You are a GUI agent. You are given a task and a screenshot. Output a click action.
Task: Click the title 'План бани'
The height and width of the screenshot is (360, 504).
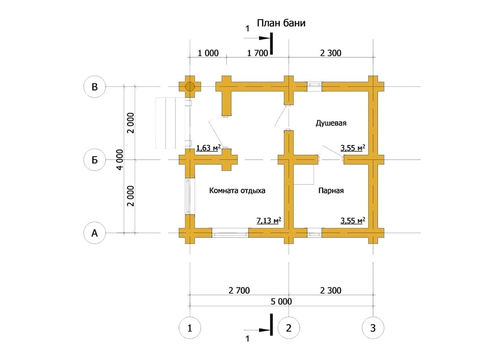coord(281,23)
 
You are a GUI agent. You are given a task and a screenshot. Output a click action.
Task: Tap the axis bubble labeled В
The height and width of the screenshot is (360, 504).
coord(94,87)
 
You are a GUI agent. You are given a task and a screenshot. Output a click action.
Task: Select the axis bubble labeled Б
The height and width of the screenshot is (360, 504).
coord(94,159)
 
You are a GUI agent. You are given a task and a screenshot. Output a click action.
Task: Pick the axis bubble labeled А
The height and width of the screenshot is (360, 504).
coord(94,233)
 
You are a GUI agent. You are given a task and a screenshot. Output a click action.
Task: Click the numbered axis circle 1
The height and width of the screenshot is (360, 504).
coord(189,328)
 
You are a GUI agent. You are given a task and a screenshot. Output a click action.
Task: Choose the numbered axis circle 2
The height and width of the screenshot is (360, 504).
coord(289,328)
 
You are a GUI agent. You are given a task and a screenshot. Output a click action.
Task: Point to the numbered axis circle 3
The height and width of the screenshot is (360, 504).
coord(373,328)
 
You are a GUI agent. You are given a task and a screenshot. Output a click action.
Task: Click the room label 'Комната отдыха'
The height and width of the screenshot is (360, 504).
coord(237,191)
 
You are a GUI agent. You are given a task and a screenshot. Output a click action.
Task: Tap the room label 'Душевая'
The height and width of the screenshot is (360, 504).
coord(331,123)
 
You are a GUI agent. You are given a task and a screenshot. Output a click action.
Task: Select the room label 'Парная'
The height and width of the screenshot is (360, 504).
coord(331,191)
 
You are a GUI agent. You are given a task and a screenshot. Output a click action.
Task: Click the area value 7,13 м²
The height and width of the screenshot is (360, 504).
coord(269,221)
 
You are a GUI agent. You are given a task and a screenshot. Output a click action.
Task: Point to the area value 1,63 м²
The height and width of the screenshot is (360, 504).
coord(208,148)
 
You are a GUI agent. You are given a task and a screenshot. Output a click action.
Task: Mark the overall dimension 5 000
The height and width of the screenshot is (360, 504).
coord(281,302)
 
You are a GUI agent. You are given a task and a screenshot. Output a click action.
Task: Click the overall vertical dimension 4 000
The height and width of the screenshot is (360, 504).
coord(119,159)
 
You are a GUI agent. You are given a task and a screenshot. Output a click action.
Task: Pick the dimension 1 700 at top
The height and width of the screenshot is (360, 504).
coord(257,53)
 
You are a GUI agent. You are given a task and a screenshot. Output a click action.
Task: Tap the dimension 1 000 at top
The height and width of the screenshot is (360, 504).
coord(208,53)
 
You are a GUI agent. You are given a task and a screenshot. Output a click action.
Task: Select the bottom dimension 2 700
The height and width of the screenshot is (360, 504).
coord(239,291)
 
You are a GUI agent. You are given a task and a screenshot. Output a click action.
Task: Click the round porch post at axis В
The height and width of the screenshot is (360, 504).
coord(189,87)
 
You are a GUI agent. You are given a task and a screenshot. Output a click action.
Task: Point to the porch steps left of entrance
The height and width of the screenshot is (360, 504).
coord(170,123)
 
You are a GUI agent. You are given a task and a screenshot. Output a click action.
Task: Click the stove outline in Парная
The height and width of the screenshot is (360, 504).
coord(304,174)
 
